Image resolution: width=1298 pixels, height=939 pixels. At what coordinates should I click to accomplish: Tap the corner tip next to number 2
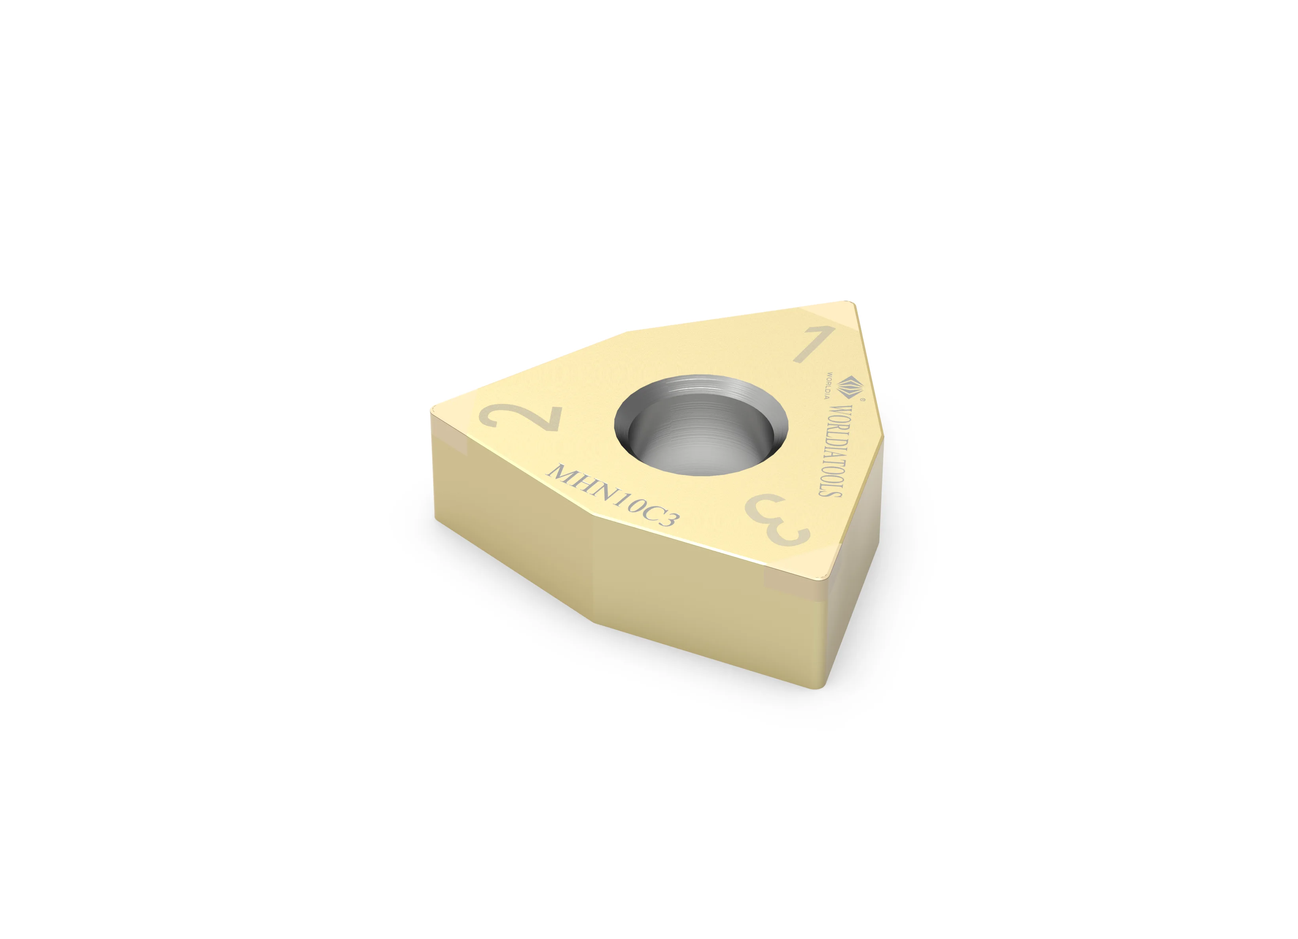(433, 410)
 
